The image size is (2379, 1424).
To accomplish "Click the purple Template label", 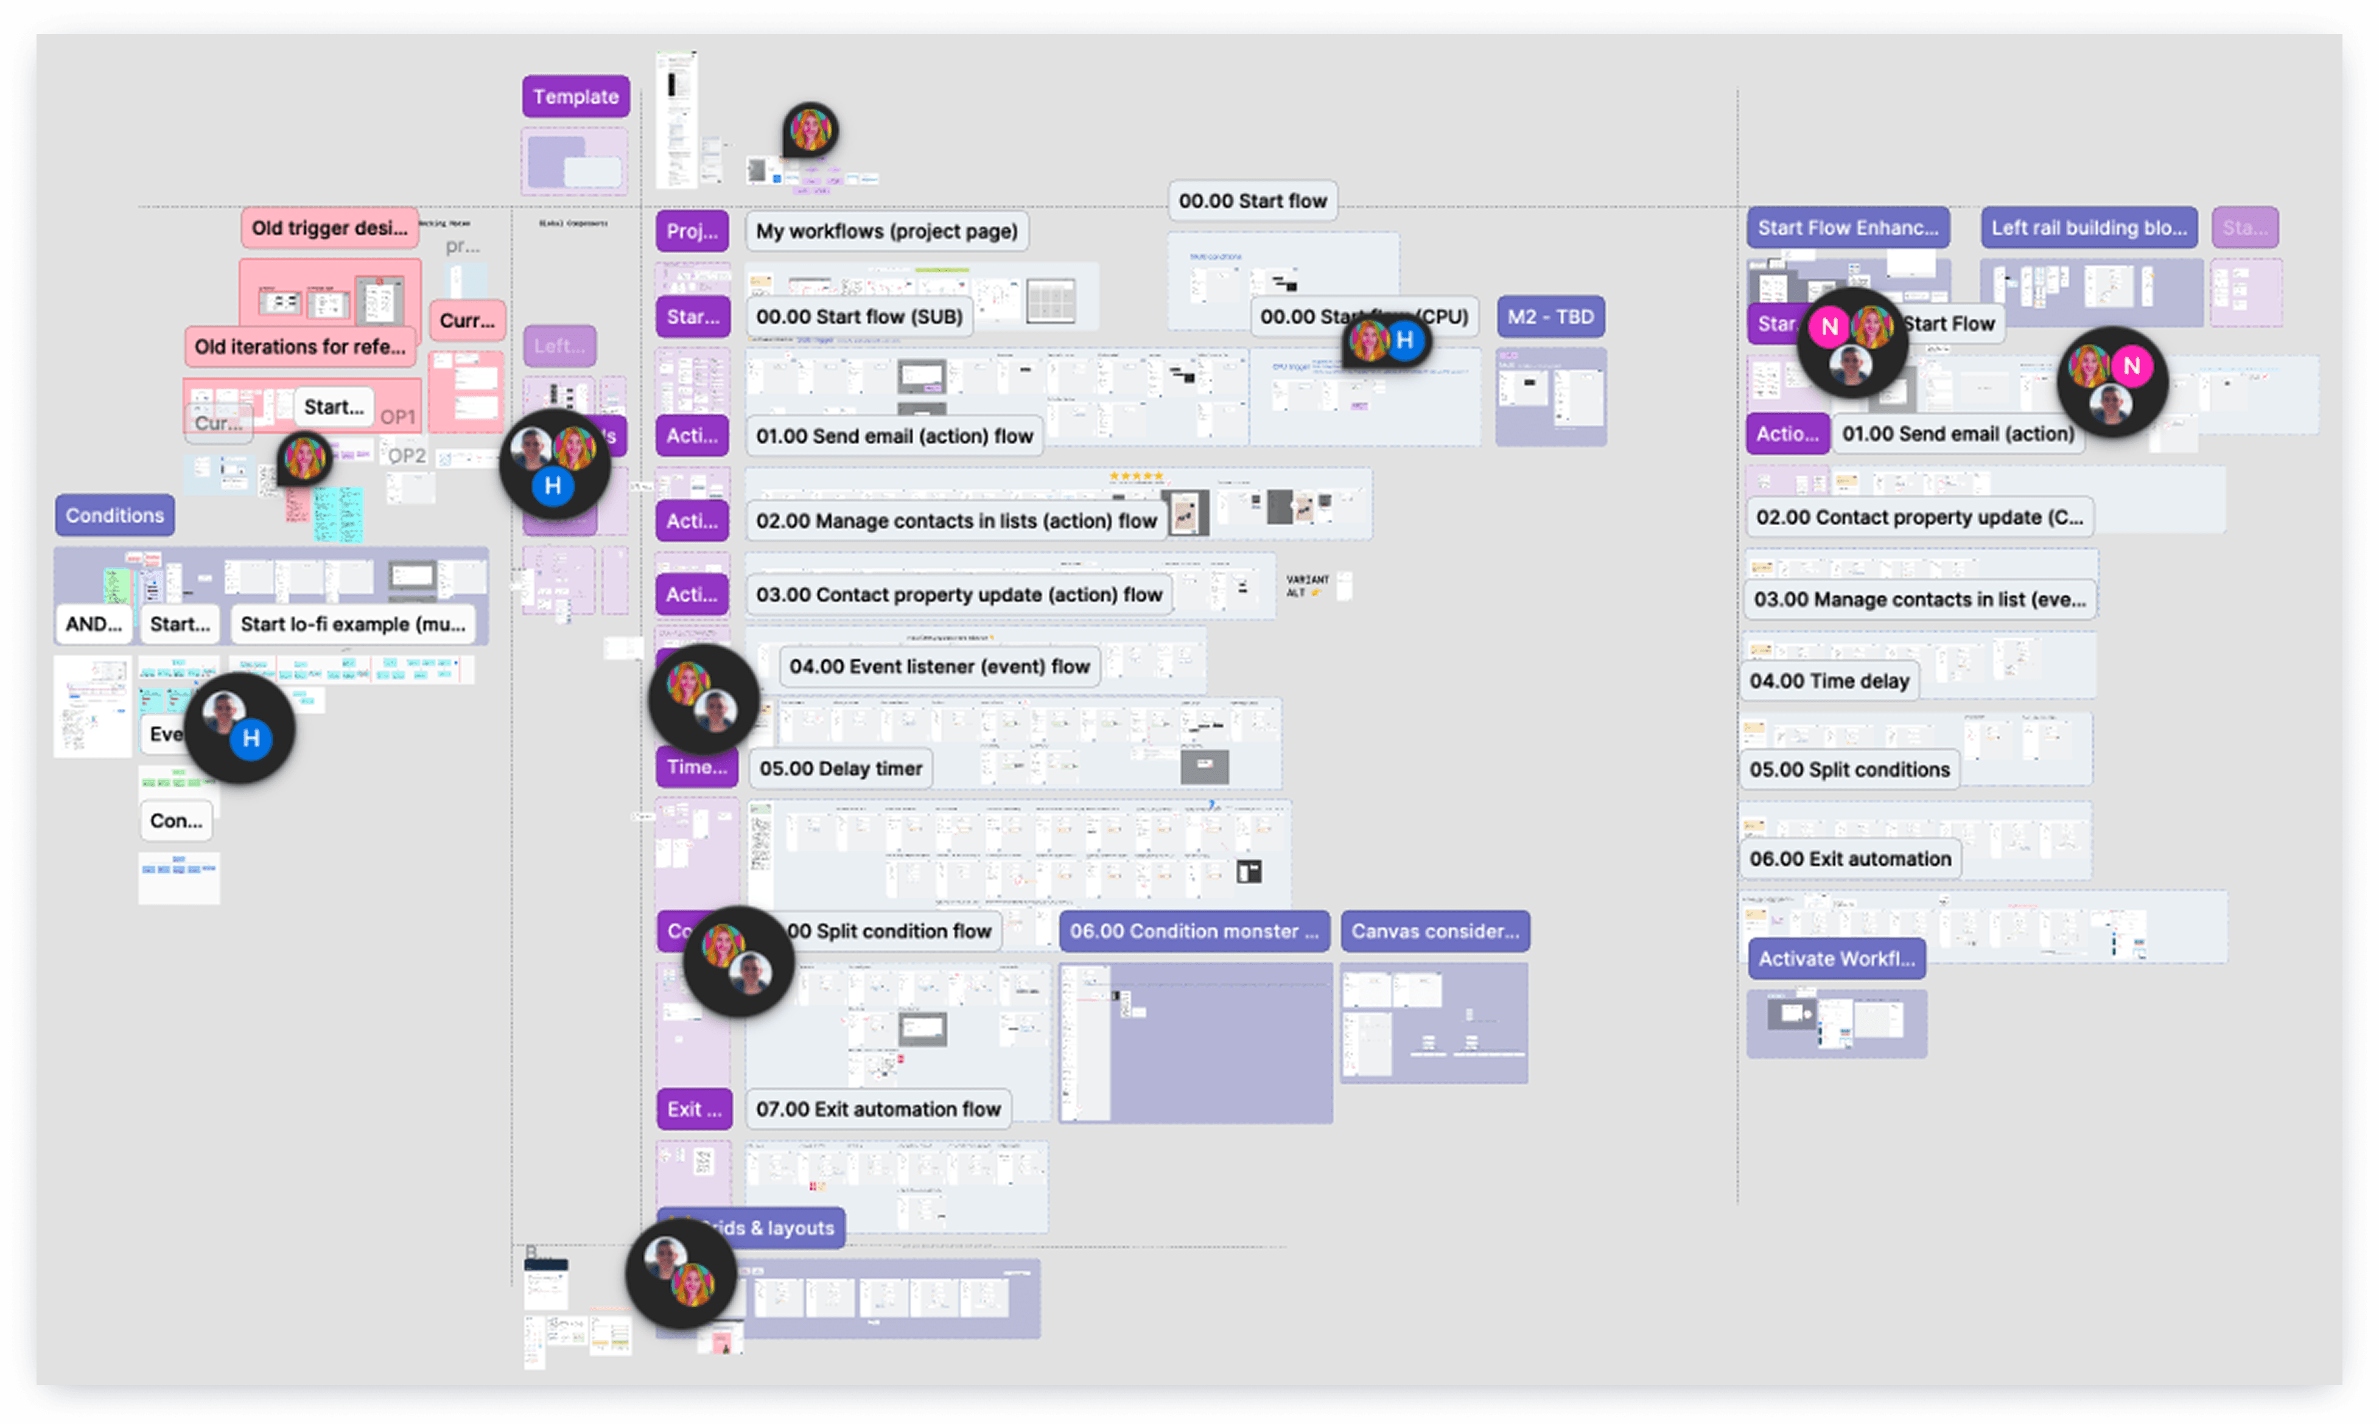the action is [x=576, y=97].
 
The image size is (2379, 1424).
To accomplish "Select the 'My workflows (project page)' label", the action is [x=886, y=231].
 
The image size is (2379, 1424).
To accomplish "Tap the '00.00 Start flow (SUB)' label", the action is [x=859, y=316].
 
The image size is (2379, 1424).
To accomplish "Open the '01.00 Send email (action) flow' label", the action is [x=894, y=436].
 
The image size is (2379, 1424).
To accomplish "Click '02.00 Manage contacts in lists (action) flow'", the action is [x=956, y=521].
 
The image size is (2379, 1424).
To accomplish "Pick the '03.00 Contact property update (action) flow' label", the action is [x=958, y=595].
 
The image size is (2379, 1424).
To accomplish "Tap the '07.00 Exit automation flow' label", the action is [x=878, y=1109].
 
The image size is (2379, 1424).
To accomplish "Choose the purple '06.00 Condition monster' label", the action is [x=1194, y=932].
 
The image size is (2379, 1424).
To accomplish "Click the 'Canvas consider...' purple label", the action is [x=1435, y=932].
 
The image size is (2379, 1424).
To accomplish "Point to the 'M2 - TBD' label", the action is [x=1550, y=316].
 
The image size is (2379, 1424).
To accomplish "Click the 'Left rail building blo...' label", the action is [x=2088, y=228].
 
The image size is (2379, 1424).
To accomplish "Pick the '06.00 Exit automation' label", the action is [x=1849, y=859].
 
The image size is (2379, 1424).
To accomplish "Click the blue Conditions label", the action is [x=114, y=515].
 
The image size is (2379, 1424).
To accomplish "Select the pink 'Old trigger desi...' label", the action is [x=329, y=228].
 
